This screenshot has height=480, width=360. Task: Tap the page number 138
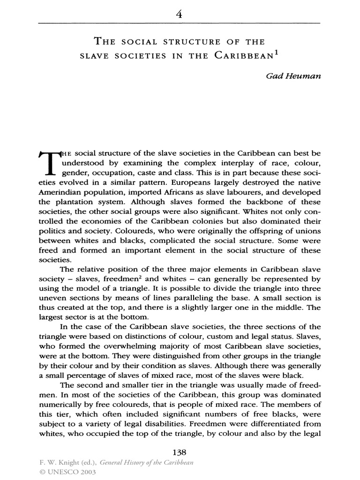coord(180,452)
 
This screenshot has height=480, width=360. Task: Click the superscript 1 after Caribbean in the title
coord(277,53)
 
